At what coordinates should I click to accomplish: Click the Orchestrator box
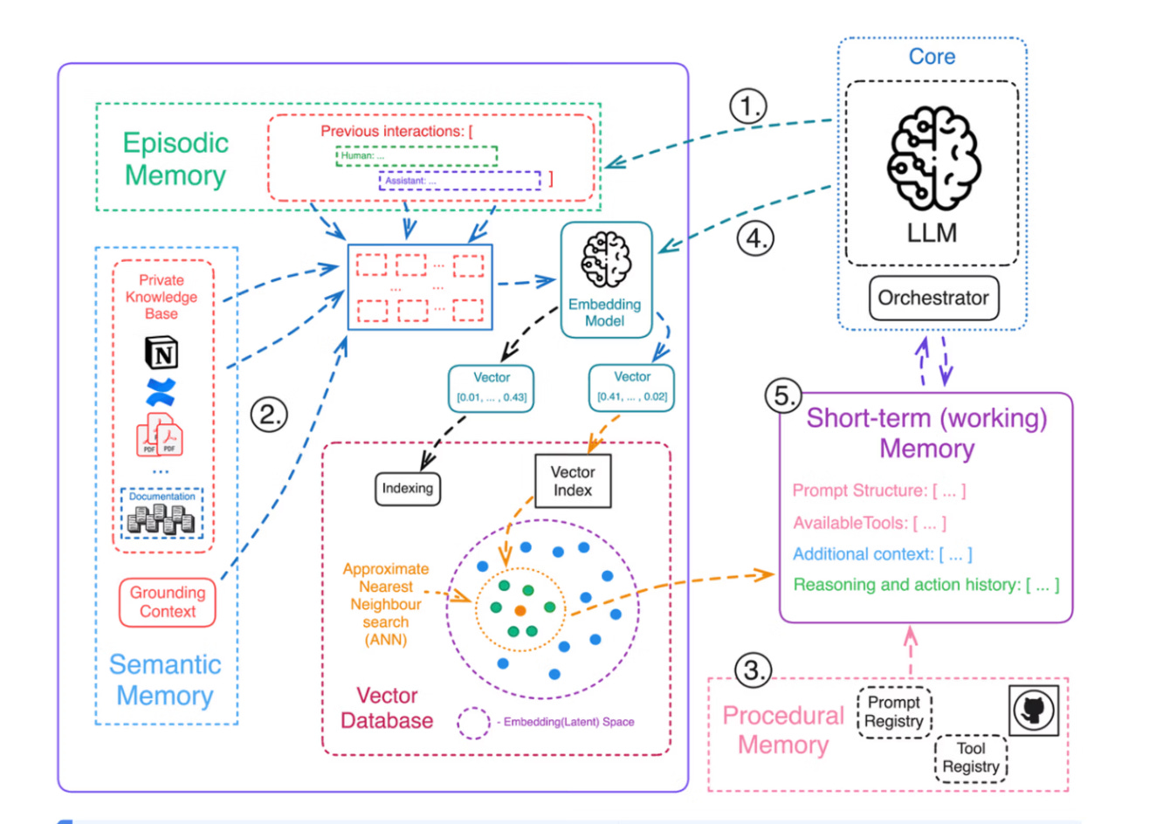[x=933, y=298]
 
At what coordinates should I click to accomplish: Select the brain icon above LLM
[x=933, y=158]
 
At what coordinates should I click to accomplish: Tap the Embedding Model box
[x=606, y=279]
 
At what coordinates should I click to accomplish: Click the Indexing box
[x=407, y=489]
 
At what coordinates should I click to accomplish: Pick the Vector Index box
[x=573, y=481]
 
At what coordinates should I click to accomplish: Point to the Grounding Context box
[x=167, y=602]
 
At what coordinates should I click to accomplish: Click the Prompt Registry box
[x=894, y=712]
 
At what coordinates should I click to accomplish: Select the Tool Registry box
[x=971, y=758]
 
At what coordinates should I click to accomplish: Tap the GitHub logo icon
[x=1034, y=710]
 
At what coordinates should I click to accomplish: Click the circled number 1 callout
[x=748, y=106]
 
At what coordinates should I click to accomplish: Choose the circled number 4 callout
[x=755, y=238]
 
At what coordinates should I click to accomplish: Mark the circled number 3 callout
[x=753, y=670]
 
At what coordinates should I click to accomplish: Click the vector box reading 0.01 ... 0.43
[x=491, y=388]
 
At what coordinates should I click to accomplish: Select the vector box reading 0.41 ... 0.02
[x=631, y=388]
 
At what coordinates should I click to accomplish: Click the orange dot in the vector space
[x=520, y=610]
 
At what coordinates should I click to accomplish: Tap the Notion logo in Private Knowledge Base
[x=162, y=353]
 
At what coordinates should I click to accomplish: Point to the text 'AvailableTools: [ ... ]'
[x=870, y=523]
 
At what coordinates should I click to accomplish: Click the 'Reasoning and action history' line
[x=926, y=585]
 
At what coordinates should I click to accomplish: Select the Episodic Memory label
[x=175, y=159]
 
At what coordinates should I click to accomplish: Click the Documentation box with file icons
[x=162, y=513]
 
